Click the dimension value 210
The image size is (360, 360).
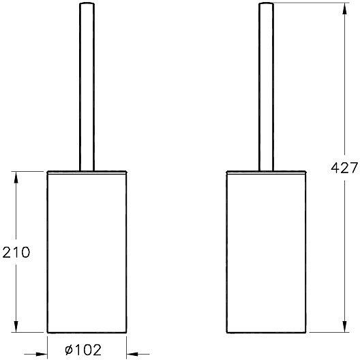coord(16,253)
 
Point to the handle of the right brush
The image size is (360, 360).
coord(266,89)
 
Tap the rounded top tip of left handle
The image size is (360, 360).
coord(87,5)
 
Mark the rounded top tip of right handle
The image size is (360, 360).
coord(266,5)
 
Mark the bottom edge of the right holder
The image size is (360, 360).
coord(266,335)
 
